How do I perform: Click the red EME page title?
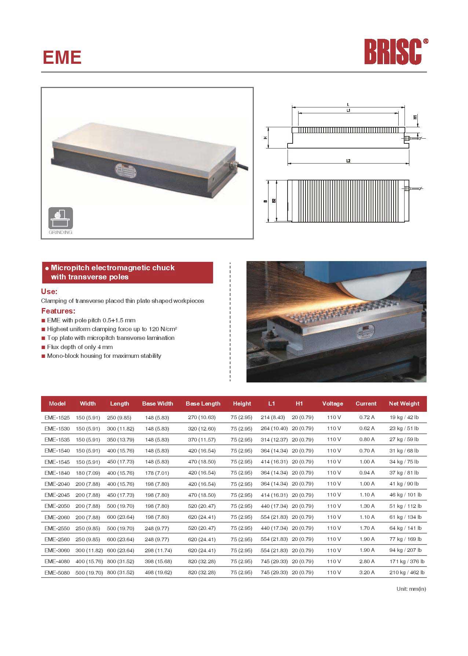pos(62,57)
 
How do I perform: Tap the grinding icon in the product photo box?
pos(61,219)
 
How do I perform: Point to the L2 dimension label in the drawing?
pos(348,161)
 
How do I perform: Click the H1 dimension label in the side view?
pos(415,117)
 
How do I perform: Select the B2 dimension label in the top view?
pos(274,201)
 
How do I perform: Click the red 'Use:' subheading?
pos(49,292)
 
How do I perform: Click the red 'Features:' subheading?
pos(58,311)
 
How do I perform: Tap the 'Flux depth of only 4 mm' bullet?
pos(80,347)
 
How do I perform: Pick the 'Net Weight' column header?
pos(404,404)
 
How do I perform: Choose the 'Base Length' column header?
pos(203,404)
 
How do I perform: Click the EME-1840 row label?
pos(57,473)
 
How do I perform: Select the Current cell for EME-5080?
pos(367,572)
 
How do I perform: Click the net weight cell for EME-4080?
pos(407,561)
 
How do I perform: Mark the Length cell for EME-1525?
pos(119,417)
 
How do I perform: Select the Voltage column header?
pos(333,404)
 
